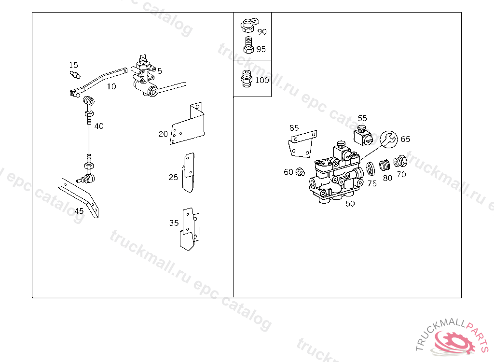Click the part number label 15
coord(73,65)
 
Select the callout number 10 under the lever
coord(111,87)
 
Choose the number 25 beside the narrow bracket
coord(173,177)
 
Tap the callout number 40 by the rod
coord(99,126)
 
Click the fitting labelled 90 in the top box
coord(248,24)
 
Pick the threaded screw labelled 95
coord(248,46)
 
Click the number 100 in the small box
coord(262,80)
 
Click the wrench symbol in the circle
coord(389,140)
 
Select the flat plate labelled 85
coord(302,143)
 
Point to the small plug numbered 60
coord(300,171)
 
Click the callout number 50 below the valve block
coord(350,204)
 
